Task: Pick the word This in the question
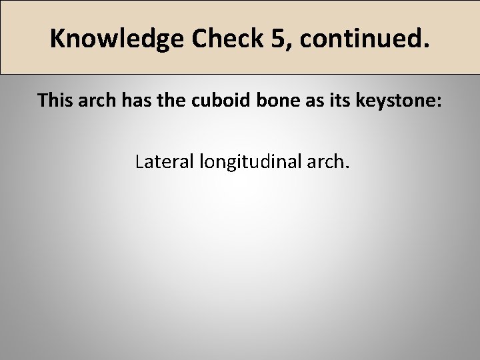[55, 101]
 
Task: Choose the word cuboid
[222, 101]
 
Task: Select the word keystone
[393, 101]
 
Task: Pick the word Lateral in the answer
[163, 161]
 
